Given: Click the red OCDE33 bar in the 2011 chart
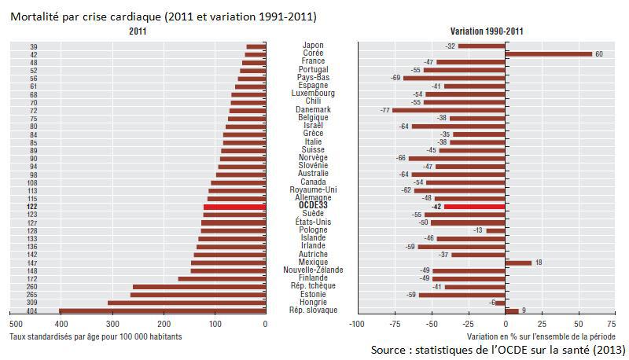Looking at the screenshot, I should point(234,206).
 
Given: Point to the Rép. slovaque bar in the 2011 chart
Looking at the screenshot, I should point(162,310).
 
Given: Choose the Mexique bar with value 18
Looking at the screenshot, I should point(519,263).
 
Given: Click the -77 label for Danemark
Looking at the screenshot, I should point(385,110).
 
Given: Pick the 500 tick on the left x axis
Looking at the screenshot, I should point(14,323).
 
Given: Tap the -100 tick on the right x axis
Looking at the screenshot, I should point(356,323).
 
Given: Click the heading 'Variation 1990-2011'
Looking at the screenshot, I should point(481,31).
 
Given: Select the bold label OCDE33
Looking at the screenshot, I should point(312,206).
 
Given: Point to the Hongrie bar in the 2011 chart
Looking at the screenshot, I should point(186,303).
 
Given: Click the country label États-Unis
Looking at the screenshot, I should point(312,222).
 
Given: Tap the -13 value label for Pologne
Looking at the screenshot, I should point(478,230).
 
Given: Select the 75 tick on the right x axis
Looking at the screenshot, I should point(610,323).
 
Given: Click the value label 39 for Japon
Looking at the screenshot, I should point(33,46).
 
